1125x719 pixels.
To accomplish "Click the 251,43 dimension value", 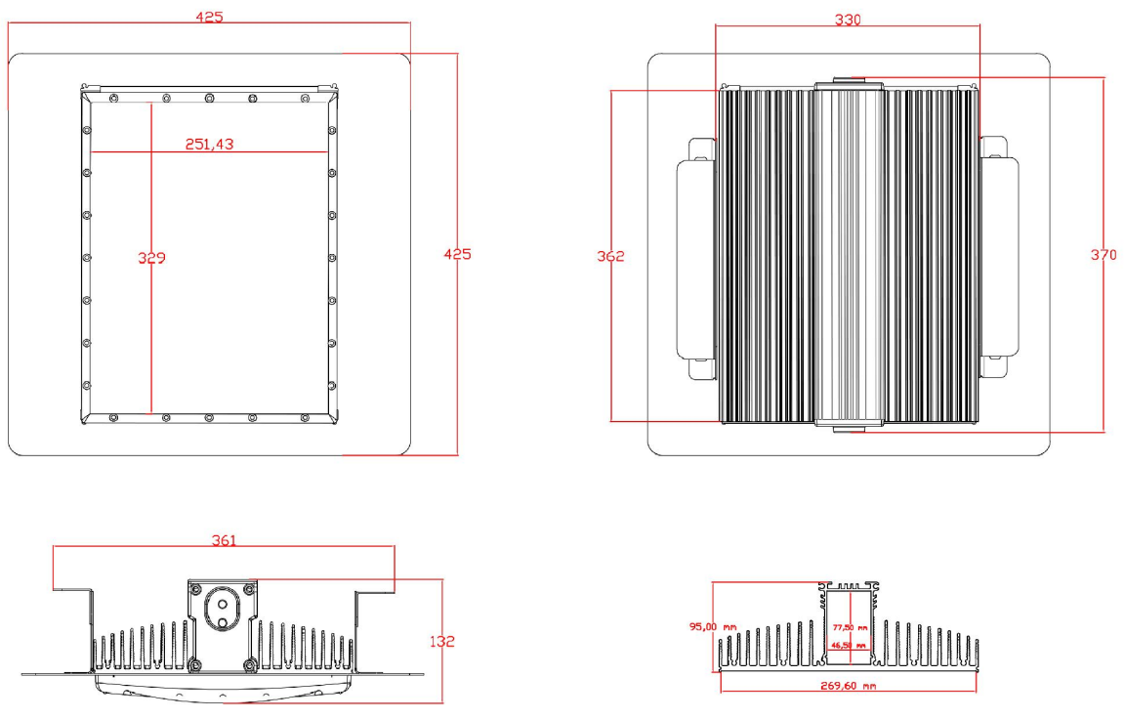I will (x=209, y=144).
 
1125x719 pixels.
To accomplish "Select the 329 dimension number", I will (x=151, y=259).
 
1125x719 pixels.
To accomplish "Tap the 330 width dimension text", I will (x=847, y=20).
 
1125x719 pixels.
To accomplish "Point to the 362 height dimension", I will (x=610, y=257).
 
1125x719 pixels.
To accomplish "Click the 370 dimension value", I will (x=1104, y=255).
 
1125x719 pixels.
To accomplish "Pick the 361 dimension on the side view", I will (x=224, y=539).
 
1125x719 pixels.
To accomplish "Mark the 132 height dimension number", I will (x=441, y=642).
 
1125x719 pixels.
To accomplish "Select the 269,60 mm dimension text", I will (x=847, y=686).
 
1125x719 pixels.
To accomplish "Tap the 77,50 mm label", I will (x=849, y=628).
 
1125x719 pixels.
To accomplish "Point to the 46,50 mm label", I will (x=849, y=646).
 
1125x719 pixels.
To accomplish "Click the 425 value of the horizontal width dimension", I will (x=209, y=17).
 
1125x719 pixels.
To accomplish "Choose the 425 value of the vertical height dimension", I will (x=457, y=254).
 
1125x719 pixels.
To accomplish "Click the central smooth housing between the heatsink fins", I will (x=849, y=254).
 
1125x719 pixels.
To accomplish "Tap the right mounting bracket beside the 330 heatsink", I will (x=1000, y=259).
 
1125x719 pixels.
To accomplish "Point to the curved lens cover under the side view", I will (x=224, y=689).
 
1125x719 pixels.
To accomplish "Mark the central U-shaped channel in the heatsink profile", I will (x=848, y=625).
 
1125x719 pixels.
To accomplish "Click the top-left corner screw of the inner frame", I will (x=114, y=98).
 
